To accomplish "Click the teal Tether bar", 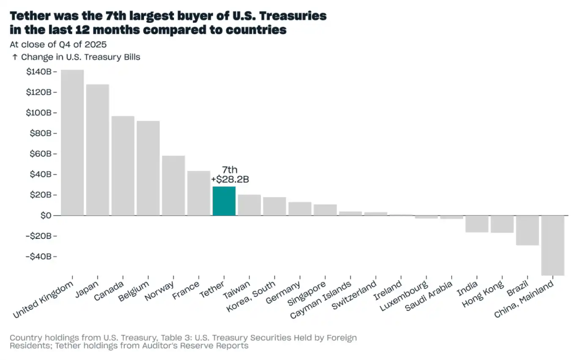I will pos(224,201).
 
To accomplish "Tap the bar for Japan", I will pos(98,150).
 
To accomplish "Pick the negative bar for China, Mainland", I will pos(553,245).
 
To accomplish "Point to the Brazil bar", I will pos(527,230).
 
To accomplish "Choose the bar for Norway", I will pos(173,185).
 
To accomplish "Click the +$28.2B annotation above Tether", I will pos(230,179).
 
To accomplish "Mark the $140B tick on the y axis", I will pos(39,72).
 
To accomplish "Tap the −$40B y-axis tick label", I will pos(38,256).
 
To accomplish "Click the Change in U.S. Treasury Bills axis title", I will pos(80,57).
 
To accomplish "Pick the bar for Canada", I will pos(123,166).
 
